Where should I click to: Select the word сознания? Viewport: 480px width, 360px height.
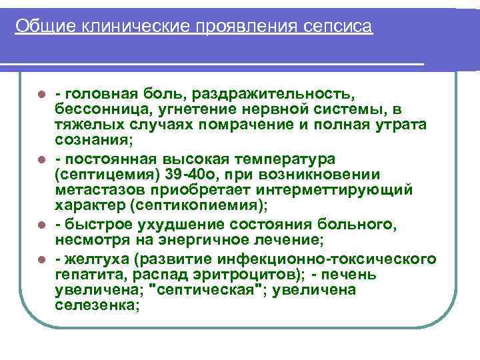point(93,140)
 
